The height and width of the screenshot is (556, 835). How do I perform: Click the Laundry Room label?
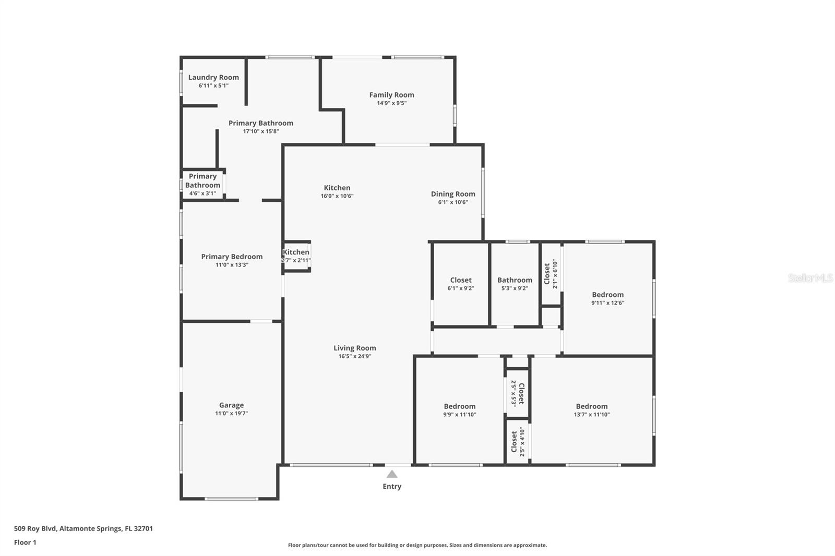click(x=213, y=77)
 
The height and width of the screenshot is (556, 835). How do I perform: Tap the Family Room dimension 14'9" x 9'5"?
click(x=391, y=103)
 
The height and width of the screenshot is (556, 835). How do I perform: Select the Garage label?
click(x=231, y=405)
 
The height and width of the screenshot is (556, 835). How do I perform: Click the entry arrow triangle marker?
click(x=392, y=474)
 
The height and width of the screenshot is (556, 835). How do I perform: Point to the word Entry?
click(x=392, y=487)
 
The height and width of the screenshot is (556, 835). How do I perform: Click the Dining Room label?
click(x=453, y=194)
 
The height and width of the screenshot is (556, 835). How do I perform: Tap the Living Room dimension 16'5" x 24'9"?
click(x=355, y=357)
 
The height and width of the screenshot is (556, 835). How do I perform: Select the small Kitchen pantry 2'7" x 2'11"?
click(x=296, y=256)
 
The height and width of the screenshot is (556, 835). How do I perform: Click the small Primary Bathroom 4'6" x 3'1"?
click(x=202, y=185)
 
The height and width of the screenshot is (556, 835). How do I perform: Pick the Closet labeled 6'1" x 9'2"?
click(x=461, y=284)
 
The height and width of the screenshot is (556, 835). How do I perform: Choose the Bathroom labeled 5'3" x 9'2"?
click(x=515, y=284)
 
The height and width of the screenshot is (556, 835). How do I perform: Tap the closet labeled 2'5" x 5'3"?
click(x=517, y=393)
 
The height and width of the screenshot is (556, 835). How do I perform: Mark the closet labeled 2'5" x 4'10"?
click(x=517, y=442)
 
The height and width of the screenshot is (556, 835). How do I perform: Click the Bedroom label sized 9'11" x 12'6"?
click(x=607, y=295)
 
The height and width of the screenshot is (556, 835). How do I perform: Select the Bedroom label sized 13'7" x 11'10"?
click(x=592, y=406)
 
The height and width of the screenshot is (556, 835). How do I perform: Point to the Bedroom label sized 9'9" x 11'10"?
click(x=460, y=406)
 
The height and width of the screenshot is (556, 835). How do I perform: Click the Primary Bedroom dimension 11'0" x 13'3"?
click(x=232, y=265)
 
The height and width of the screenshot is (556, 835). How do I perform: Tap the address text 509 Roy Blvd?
click(x=34, y=528)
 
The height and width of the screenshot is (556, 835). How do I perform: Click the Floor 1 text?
click(x=25, y=542)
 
